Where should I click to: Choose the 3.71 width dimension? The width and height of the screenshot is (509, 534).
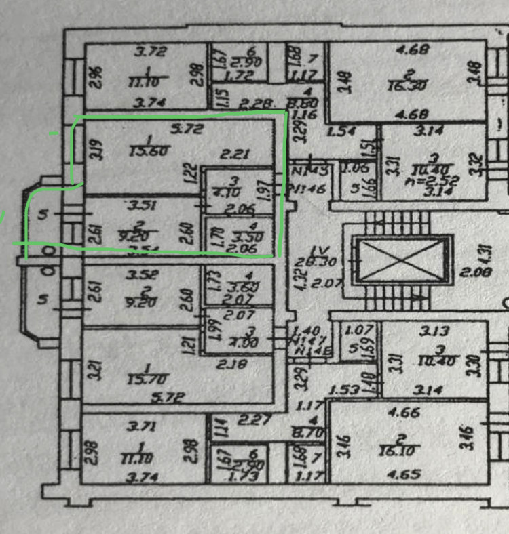coord(148,426)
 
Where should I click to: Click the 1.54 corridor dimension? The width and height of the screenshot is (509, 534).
coord(345,131)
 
